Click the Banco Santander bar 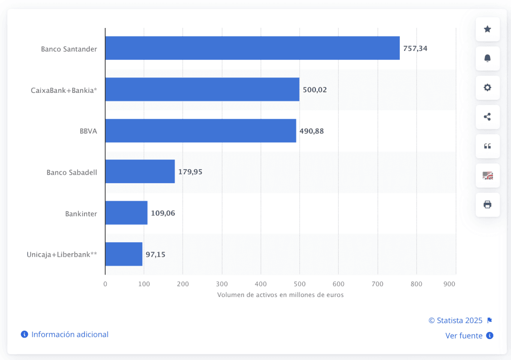pyautogui.click(x=253, y=48)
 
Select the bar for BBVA pyautogui.click(x=201, y=130)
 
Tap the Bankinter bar pyautogui.click(x=126, y=213)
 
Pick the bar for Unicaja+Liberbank pyautogui.click(x=124, y=254)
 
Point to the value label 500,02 pyautogui.click(x=315, y=90)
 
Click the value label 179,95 pyautogui.click(x=190, y=172)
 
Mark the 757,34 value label pyautogui.click(x=415, y=48)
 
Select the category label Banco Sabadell pyautogui.click(x=72, y=172)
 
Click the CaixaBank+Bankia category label pyautogui.click(x=64, y=90)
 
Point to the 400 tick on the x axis pyautogui.click(x=260, y=284)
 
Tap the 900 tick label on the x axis pyautogui.click(x=450, y=284)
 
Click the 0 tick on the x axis pyautogui.click(x=105, y=284)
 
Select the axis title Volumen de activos pyautogui.click(x=280, y=295)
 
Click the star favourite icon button pyautogui.click(x=488, y=29)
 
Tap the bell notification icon pyautogui.click(x=488, y=58)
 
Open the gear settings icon pyautogui.click(x=488, y=88)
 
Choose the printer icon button pyautogui.click(x=488, y=205)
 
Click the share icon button pyautogui.click(x=488, y=117)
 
